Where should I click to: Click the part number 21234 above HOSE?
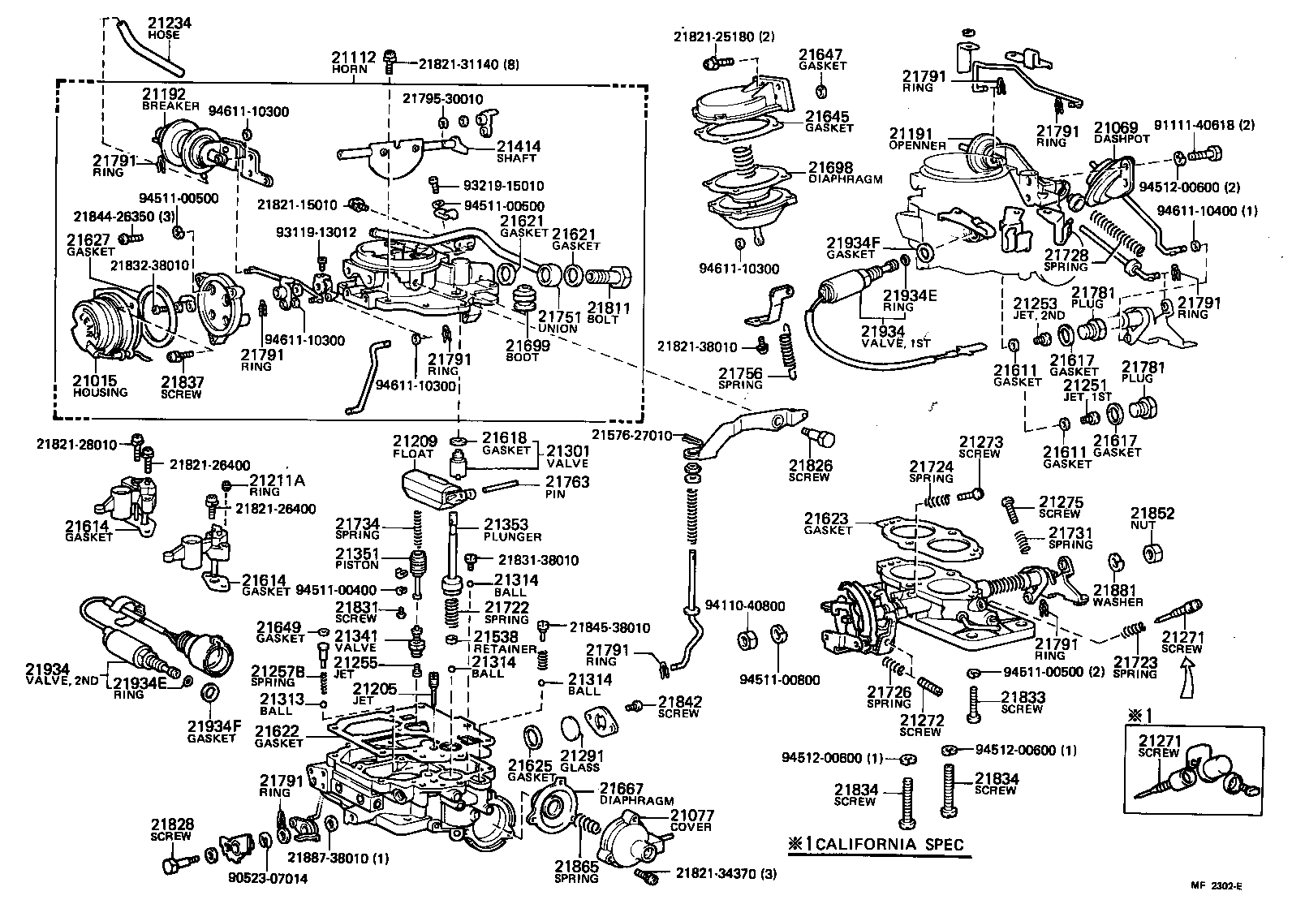169,24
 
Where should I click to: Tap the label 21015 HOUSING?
100,385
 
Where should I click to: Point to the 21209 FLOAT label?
416,447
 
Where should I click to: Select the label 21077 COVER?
691,820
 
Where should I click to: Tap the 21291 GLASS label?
579,760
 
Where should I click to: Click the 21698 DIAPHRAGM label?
845,173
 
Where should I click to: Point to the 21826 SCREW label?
810,471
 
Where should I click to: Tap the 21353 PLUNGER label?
512,530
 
